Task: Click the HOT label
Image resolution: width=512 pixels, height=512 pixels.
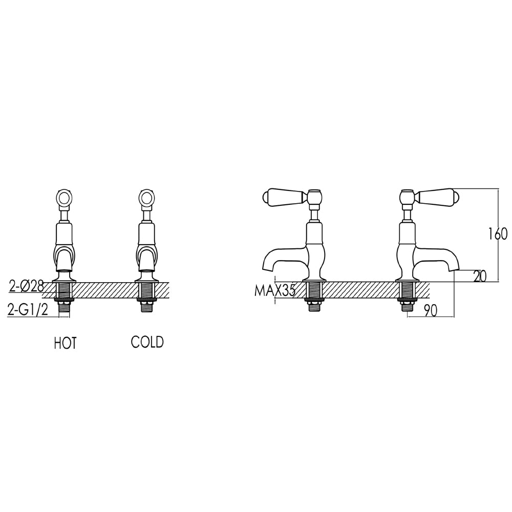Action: pyautogui.click(x=65, y=343)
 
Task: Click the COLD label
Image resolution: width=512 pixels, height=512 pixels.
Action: pyautogui.click(x=147, y=342)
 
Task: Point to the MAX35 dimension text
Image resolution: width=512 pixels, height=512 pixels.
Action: pyautogui.click(x=275, y=291)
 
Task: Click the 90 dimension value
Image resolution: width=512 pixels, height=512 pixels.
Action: pyautogui.click(x=430, y=311)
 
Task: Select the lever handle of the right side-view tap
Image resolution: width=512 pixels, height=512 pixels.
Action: pyautogui.click(x=438, y=196)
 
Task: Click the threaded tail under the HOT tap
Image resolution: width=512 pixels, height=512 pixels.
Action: pyautogui.click(x=65, y=297)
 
